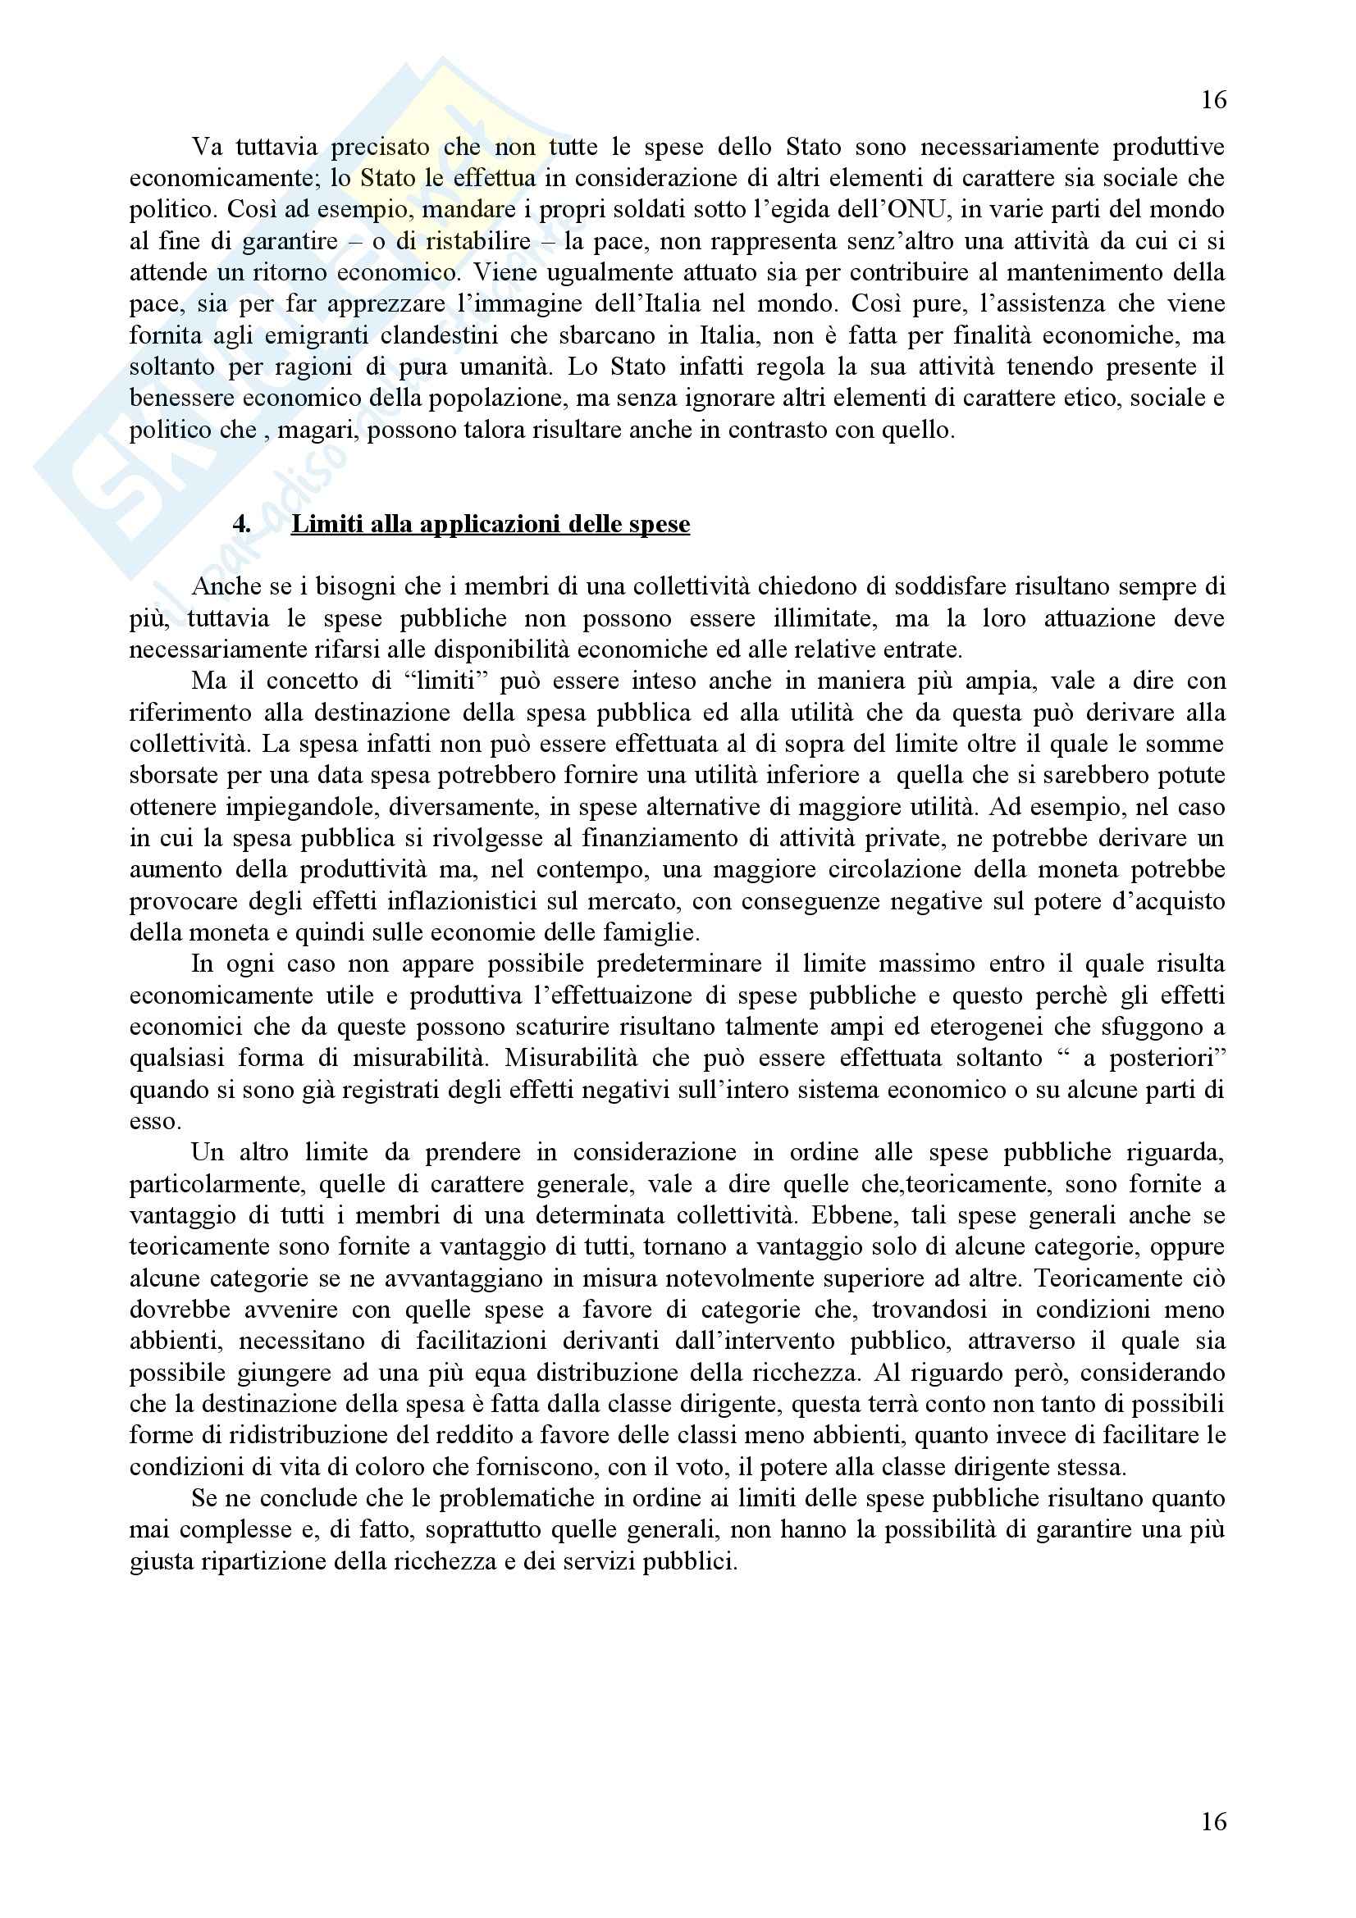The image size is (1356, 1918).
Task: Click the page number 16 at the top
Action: pos(1213,100)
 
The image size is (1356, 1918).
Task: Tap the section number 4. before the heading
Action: pos(241,525)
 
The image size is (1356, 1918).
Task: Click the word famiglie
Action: pos(651,932)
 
